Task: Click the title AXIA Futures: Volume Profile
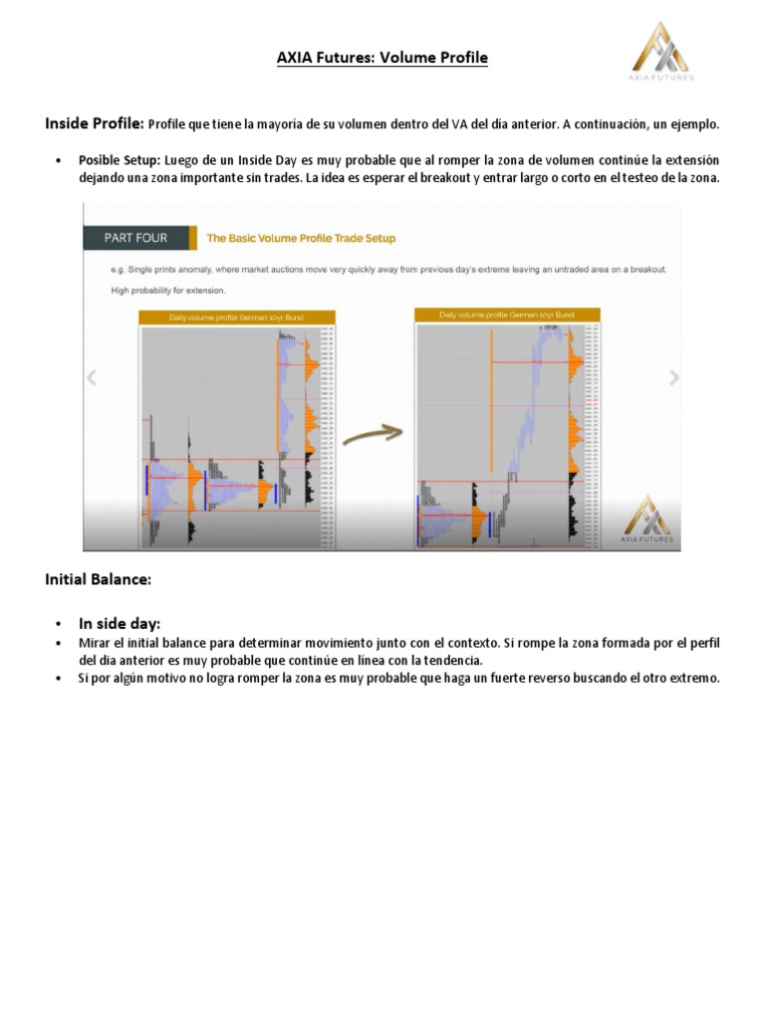tap(382, 58)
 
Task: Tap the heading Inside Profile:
tap(95, 124)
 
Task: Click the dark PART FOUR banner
tap(136, 238)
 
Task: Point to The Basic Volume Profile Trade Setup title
tap(301, 239)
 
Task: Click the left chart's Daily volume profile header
tap(237, 317)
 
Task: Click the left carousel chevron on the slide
tap(92, 377)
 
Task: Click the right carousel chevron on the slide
tap(673, 377)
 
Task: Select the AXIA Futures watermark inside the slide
tap(646, 519)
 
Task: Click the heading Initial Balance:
tap(98, 578)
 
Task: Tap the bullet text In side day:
tap(120, 623)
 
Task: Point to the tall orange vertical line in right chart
tap(491, 398)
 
